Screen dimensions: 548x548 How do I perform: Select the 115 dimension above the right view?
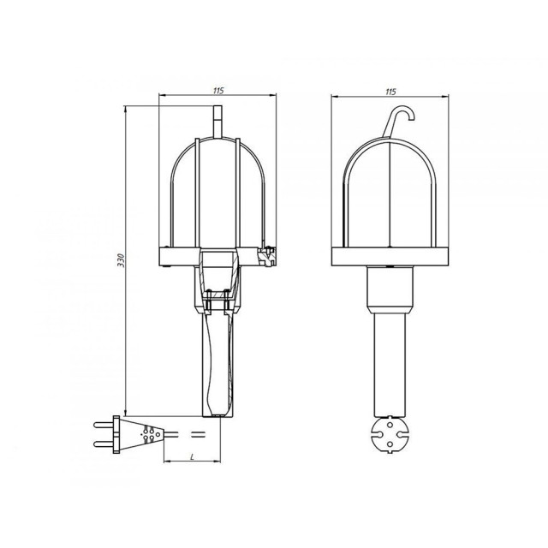coord(390,91)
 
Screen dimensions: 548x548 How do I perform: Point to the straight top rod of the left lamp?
coord(217,120)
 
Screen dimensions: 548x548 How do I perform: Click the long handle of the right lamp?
coord(391,360)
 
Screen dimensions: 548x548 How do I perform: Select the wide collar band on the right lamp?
coord(391,255)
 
